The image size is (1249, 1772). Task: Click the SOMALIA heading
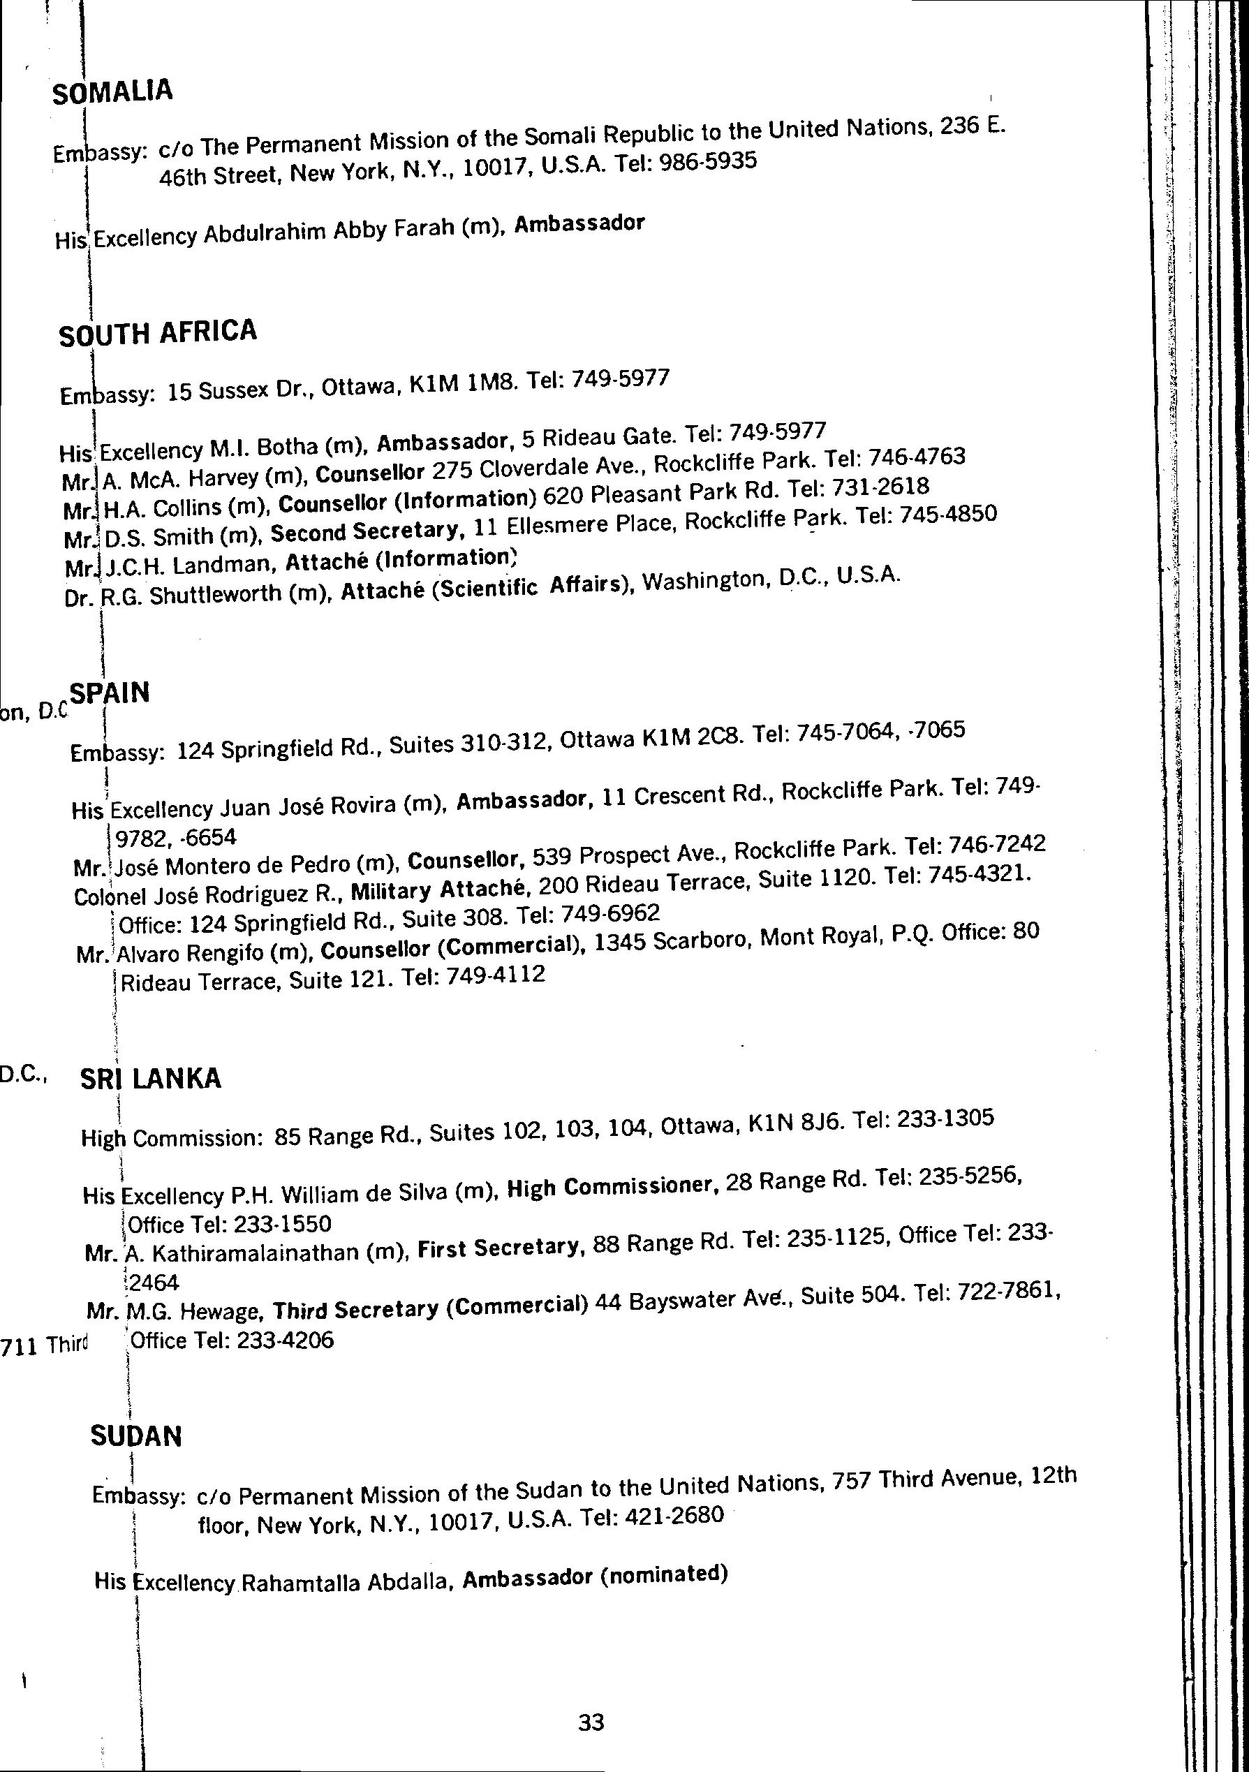pyautogui.click(x=112, y=92)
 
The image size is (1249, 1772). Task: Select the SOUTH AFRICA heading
pyautogui.click(x=158, y=332)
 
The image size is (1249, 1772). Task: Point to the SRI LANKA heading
pyautogui.click(x=151, y=1078)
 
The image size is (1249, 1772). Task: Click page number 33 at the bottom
pyautogui.click(x=591, y=1722)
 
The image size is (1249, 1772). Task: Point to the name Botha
pyautogui.click(x=286, y=447)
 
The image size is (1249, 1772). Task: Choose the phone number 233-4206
pyautogui.click(x=285, y=1340)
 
